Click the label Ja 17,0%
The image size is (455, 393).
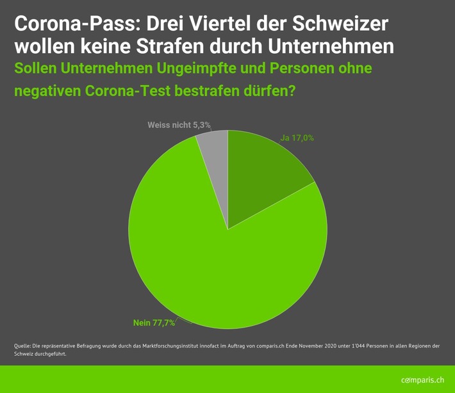coord(297,138)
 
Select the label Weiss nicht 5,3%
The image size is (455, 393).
coord(179,124)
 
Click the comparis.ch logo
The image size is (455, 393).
coord(422,380)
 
